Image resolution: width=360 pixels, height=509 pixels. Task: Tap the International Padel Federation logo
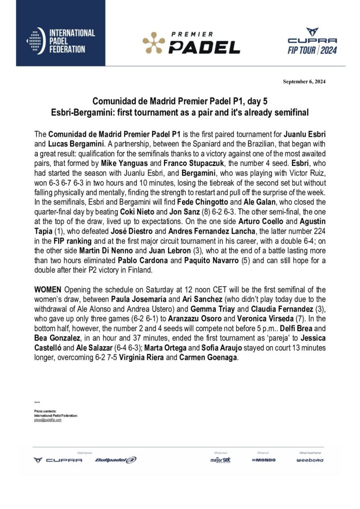coord(61,41)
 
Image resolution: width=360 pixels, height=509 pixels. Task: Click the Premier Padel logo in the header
coord(191,43)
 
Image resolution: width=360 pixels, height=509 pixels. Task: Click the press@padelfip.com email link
coord(48,420)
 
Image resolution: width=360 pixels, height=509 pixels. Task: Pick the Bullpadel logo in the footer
coord(115,460)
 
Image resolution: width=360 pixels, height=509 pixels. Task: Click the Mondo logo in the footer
coord(264,460)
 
